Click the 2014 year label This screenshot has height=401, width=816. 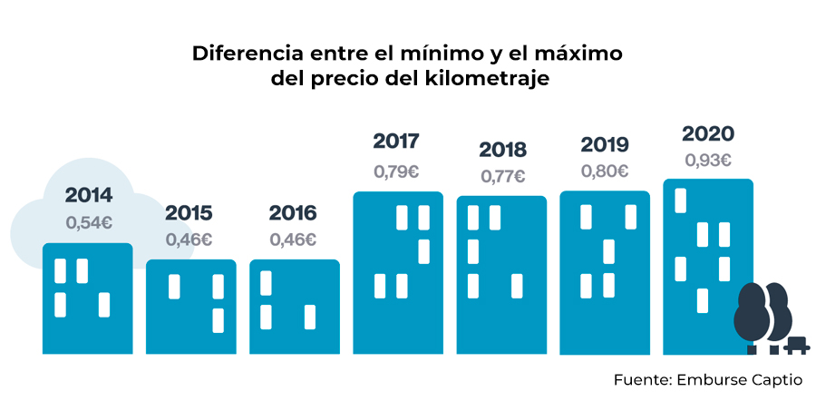point(88,195)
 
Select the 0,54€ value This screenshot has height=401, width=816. point(88,221)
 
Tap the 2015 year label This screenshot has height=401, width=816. point(189,214)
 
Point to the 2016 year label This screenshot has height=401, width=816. point(293,214)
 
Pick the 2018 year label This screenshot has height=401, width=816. point(502,150)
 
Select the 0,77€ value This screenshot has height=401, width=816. point(502,176)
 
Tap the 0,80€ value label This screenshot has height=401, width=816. point(604,171)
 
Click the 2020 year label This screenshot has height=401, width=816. point(707,134)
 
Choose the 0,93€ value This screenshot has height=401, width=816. point(707,161)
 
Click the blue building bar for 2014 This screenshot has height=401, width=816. point(88,299)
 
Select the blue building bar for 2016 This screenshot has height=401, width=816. point(295,308)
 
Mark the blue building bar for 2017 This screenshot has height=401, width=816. point(398,272)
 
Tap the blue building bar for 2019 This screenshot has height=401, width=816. point(605,272)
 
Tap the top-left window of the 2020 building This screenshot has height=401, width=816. point(680,200)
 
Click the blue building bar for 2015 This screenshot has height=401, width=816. point(191,308)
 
